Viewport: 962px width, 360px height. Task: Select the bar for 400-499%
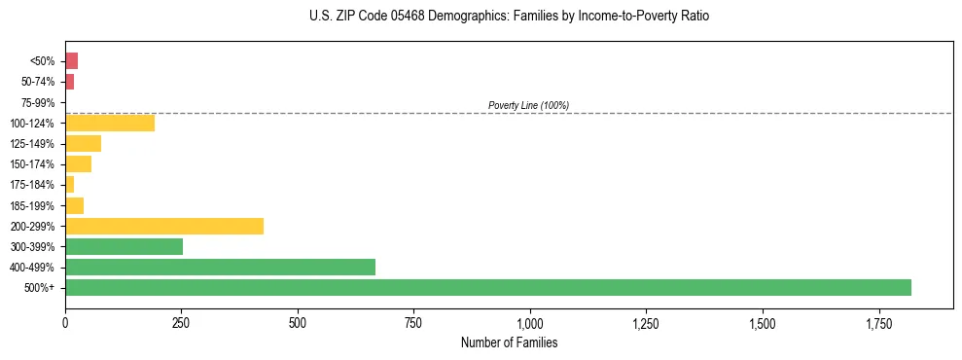point(220,268)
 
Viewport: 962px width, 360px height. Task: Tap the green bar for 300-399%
point(124,247)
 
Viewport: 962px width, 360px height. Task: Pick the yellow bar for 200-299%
point(164,227)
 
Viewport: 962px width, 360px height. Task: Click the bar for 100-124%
point(110,124)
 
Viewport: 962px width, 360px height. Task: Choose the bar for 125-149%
point(83,144)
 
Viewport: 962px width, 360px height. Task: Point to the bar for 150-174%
point(78,164)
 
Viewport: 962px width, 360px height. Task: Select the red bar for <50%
point(71,61)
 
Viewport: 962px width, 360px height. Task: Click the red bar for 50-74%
point(69,82)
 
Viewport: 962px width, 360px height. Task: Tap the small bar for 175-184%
point(69,185)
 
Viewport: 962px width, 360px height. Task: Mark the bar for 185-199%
point(74,205)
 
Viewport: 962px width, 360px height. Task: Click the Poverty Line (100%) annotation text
point(528,105)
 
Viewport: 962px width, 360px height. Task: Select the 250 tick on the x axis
point(181,323)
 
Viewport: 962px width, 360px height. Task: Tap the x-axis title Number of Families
point(509,342)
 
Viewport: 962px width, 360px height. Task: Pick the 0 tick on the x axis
point(65,323)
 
